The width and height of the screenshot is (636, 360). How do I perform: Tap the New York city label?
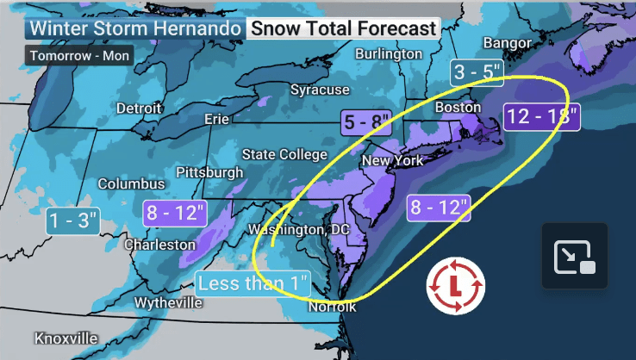393,161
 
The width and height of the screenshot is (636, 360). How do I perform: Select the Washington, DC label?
298,230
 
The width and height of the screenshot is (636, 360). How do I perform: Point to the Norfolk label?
333,307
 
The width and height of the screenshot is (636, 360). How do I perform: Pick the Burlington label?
389,53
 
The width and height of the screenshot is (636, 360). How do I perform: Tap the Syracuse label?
320,90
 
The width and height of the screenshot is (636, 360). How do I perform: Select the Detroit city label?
140,109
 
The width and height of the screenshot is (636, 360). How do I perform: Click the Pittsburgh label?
209,172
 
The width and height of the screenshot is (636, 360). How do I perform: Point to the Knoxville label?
66,338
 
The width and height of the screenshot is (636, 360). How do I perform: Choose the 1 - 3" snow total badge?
73,221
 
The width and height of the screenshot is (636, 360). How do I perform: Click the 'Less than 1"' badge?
256,282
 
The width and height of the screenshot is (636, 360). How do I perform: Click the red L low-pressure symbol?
457,284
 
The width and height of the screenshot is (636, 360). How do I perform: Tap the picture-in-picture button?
575,256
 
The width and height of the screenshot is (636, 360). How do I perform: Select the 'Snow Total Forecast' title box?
343,28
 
